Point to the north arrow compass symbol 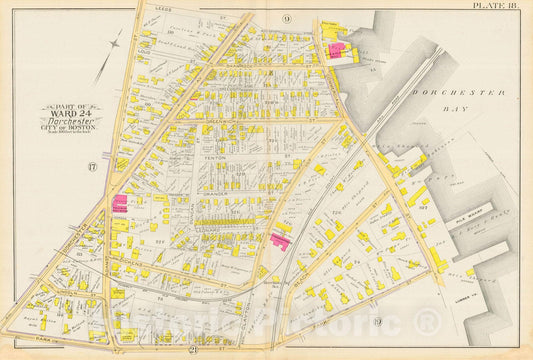pos(109,55)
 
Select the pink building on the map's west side pos(120,203)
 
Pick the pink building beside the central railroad pos(279,241)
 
